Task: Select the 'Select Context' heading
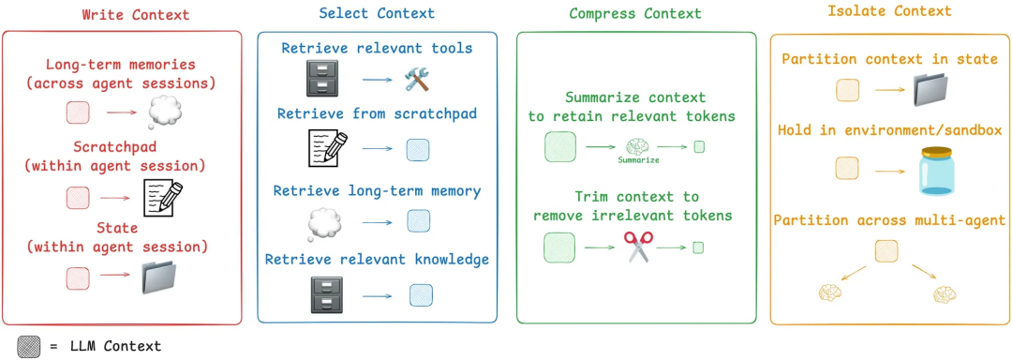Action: click(x=376, y=13)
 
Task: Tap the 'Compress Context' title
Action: click(x=635, y=14)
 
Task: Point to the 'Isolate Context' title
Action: click(x=889, y=11)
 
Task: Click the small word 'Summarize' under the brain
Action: click(x=638, y=160)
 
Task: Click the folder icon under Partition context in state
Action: click(x=934, y=91)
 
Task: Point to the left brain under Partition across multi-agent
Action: click(x=830, y=293)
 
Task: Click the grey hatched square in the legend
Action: click(x=29, y=344)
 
